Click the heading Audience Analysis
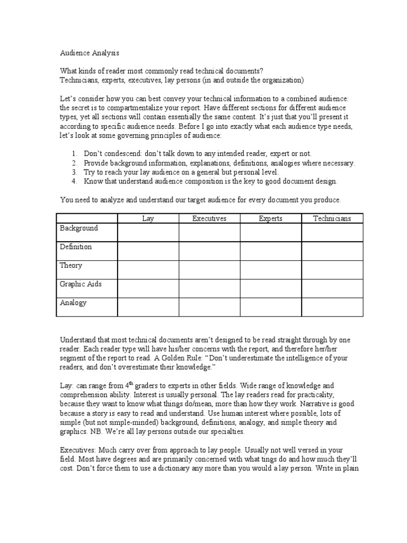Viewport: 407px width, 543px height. point(90,53)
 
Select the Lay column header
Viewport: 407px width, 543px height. point(148,218)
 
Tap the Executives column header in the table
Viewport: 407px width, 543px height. point(209,218)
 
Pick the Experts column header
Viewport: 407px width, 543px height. point(270,218)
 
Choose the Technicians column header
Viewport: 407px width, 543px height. point(332,218)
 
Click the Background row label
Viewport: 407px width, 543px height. point(79,229)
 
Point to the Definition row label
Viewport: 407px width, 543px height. point(76,247)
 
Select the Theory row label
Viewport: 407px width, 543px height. point(71,266)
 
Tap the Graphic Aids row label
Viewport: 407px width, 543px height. point(81,284)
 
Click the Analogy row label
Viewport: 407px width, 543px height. point(73,303)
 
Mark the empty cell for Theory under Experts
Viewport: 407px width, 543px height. point(270,269)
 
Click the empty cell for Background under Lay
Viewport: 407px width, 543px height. point(148,232)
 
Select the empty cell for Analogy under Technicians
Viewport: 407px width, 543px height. point(332,306)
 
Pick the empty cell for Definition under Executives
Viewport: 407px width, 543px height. point(209,251)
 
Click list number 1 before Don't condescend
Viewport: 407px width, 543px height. point(74,154)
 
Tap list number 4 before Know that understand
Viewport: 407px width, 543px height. point(74,181)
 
